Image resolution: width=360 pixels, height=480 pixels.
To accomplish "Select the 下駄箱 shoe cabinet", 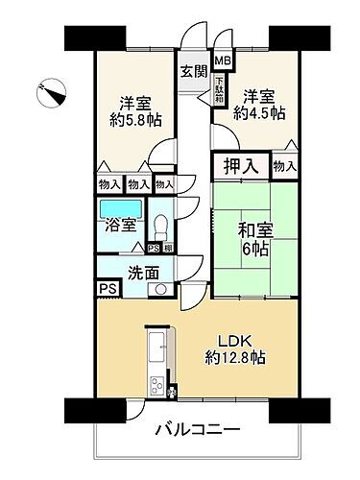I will click(x=220, y=91).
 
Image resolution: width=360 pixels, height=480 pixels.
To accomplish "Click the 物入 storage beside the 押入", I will click(x=284, y=166).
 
